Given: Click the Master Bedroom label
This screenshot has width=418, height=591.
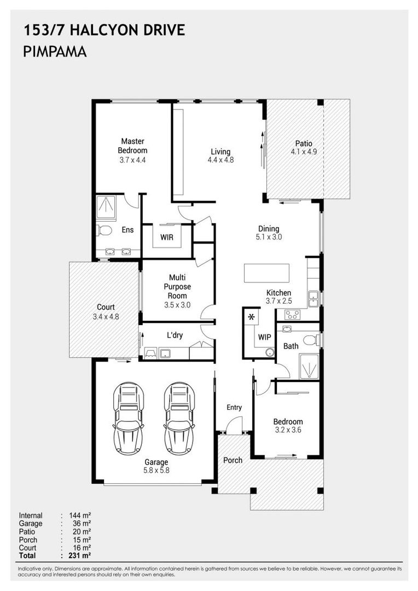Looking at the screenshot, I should coord(132,146).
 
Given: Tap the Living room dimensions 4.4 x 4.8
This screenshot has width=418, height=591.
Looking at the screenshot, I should coord(220,160).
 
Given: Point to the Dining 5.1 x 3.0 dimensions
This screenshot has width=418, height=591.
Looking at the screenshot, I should coord(269,237).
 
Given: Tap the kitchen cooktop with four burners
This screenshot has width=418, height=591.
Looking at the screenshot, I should coord(292,314).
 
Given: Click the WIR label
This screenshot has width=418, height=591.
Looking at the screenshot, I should coord(167,237).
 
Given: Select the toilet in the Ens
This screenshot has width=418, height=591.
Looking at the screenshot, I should coord(104,229).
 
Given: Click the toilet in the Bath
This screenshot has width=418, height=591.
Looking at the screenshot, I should coord(310,340).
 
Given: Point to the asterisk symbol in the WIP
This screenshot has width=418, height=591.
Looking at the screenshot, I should coord(252,317).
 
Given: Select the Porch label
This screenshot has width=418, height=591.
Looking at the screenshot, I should coord(233,460).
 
